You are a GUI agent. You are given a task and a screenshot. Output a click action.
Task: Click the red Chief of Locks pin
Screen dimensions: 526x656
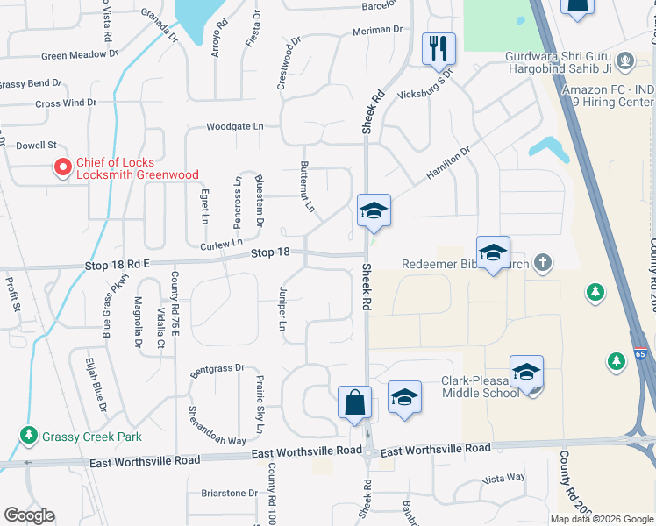coord(62,167)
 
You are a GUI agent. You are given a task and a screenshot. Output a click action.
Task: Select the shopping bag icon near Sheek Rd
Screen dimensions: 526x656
coord(354,404)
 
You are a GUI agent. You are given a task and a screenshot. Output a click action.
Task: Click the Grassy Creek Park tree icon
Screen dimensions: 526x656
coord(30,435)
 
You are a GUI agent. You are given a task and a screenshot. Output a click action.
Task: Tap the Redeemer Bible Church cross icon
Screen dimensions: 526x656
coord(544,262)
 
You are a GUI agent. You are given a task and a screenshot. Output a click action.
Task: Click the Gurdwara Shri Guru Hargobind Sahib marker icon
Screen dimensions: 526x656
coord(624,60)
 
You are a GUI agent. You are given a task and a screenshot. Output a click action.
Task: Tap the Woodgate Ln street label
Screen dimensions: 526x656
coord(234,126)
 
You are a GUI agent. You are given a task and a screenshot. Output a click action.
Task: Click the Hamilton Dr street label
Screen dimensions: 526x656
coord(448,163)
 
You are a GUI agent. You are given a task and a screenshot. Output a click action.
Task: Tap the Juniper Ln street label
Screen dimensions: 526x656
coord(282,308)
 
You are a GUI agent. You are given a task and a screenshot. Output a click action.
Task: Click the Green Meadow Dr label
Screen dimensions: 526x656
coord(80,55)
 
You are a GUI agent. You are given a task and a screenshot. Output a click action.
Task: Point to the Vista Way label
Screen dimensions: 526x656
coord(503,478)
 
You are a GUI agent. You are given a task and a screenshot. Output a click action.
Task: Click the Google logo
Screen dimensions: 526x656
coord(29,515)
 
